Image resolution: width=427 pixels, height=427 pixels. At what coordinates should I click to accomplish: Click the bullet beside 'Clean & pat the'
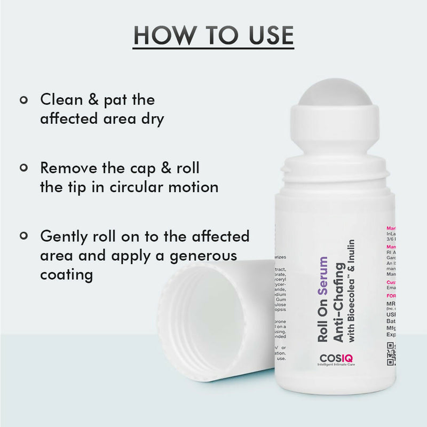click(23, 99)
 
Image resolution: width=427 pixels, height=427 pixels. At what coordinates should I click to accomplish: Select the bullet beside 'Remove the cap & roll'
click(23, 168)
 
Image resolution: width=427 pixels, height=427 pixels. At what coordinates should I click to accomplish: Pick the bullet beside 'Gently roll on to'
click(23, 235)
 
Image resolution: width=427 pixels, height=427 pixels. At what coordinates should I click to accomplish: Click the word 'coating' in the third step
click(67, 275)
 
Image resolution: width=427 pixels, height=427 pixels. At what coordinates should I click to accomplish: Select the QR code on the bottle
click(391, 354)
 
